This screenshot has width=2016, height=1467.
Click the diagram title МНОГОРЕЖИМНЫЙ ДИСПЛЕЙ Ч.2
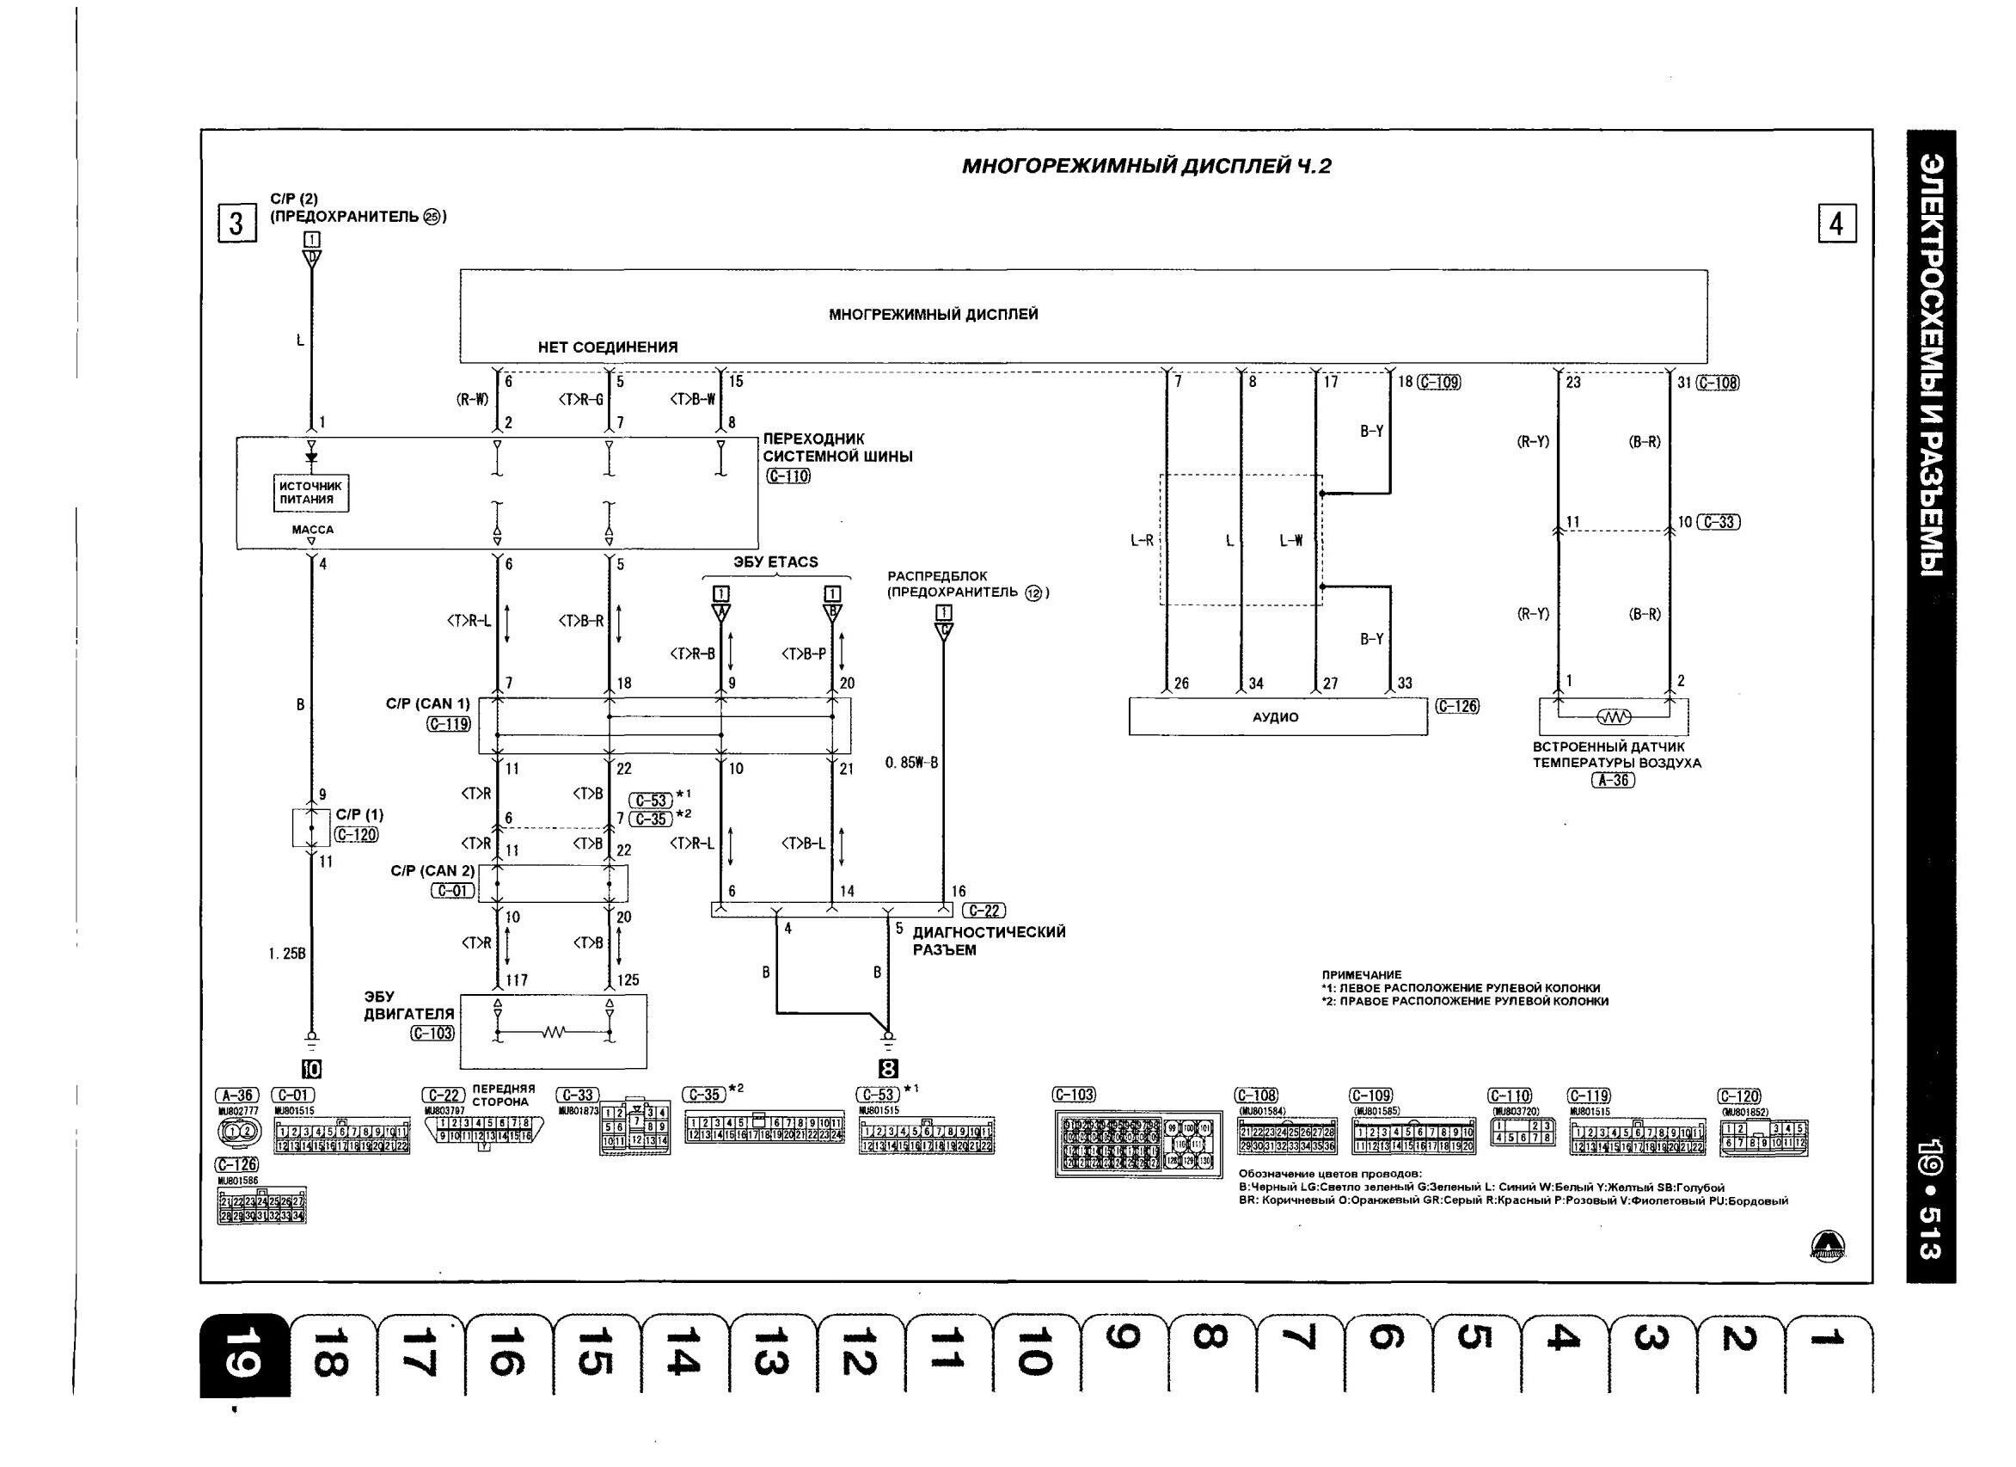tap(1147, 166)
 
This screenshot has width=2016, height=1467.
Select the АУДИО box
tap(1278, 716)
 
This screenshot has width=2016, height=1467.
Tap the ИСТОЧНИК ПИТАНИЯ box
tap(310, 493)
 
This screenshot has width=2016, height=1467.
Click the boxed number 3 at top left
tap(236, 224)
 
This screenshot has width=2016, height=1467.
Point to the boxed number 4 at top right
tap(1836, 224)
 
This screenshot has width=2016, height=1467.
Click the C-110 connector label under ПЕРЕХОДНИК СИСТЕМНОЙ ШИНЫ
tap(787, 476)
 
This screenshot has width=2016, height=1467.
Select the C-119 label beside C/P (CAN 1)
tap(448, 724)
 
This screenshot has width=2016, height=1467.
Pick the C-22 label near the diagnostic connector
tap(984, 911)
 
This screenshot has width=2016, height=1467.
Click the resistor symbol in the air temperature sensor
tap(1614, 716)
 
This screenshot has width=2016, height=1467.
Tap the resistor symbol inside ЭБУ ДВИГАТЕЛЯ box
tap(553, 1032)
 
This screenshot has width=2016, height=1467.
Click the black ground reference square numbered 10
tap(311, 1069)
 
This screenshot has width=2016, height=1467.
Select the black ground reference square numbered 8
tap(887, 1070)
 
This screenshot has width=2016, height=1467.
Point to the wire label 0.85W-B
tap(911, 763)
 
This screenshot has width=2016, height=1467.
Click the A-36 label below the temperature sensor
tap(1613, 781)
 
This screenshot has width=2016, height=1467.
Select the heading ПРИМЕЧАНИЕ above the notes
tap(1362, 974)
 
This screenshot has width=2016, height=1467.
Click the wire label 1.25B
tap(287, 954)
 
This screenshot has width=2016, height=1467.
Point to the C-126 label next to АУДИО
tap(1458, 706)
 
